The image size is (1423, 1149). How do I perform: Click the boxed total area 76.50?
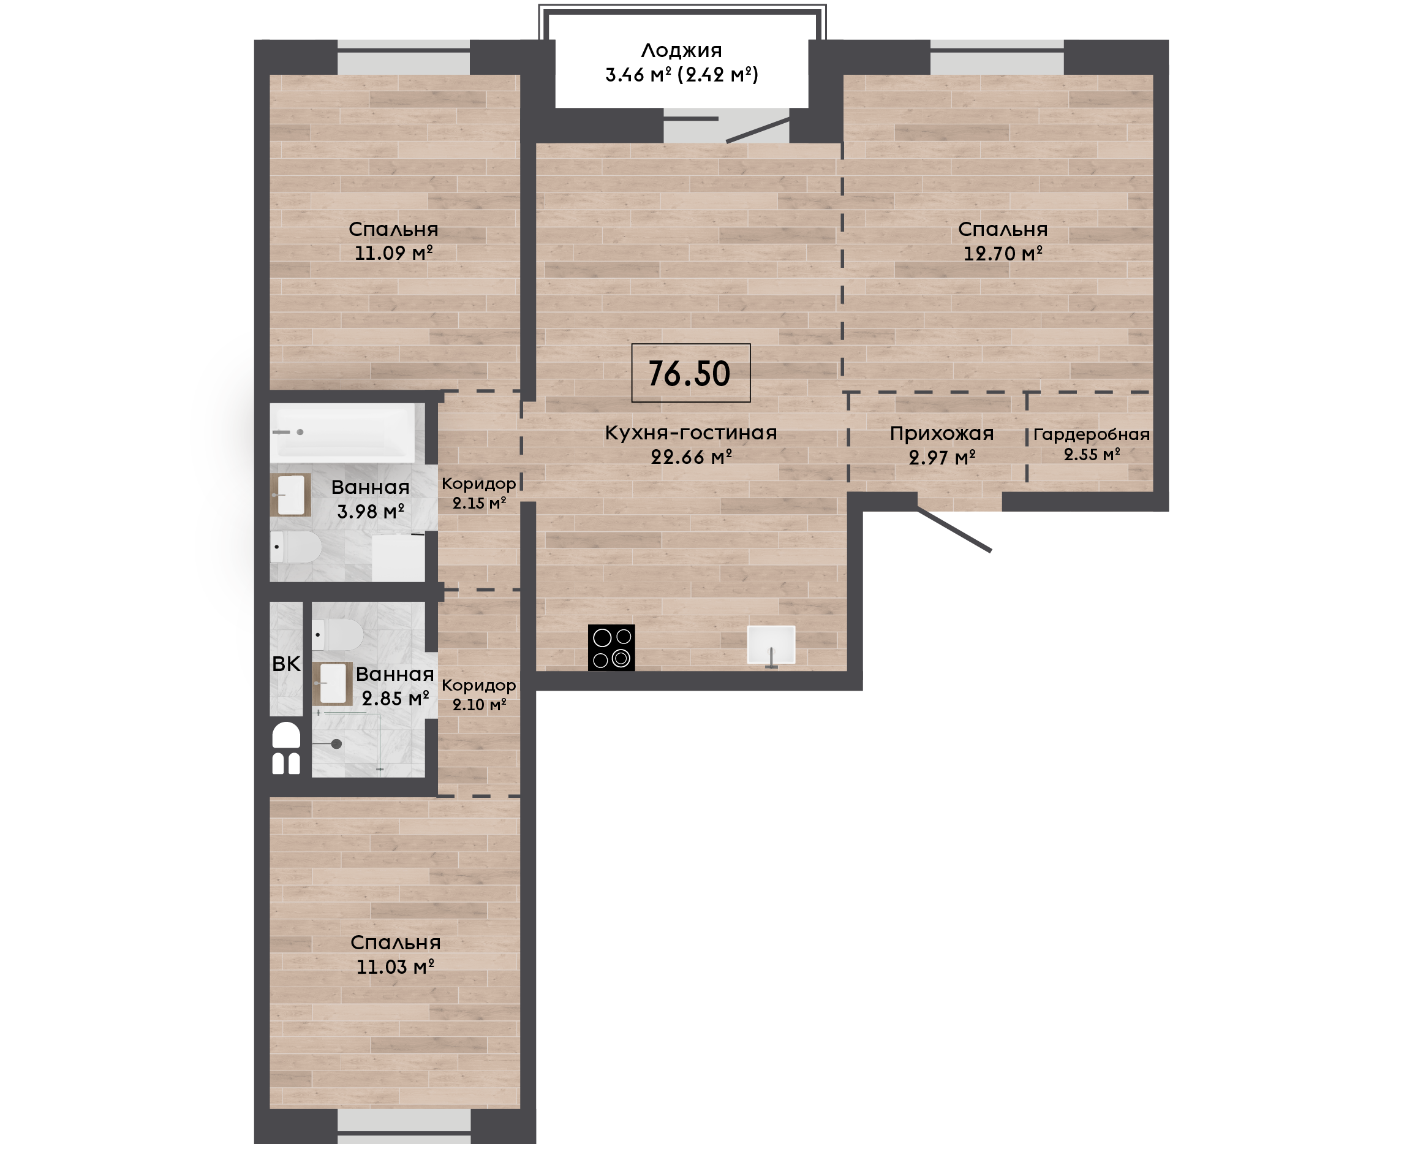[x=690, y=373]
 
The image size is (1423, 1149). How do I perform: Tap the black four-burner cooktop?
[x=611, y=647]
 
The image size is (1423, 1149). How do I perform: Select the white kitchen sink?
[x=771, y=645]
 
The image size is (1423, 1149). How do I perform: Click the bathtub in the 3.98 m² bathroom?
[x=342, y=433]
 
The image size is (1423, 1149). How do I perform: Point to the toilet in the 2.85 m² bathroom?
[x=338, y=635]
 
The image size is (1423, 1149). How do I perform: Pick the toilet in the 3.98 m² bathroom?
[x=296, y=547]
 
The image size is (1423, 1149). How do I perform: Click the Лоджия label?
[x=681, y=50]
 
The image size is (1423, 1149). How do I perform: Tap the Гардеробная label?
[x=1092, y=435]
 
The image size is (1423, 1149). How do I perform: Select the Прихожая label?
[x=942, y=433]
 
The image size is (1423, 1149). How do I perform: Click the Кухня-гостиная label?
[x=690, y=433]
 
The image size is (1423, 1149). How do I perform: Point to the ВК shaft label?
[x=286, y=664]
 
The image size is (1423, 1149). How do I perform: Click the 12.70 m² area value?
[x=1002, y=253]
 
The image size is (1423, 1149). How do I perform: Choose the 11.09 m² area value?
[x=394, y=253]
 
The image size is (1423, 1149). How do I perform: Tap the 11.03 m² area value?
[x=395, y=967]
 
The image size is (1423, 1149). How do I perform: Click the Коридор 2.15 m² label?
[x=479, y=493]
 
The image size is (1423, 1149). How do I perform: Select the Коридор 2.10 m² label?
[x=479, y=695]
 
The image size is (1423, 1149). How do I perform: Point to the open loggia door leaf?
[x=758, y=131]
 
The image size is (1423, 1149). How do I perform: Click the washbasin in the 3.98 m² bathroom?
[x=290, y=495]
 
